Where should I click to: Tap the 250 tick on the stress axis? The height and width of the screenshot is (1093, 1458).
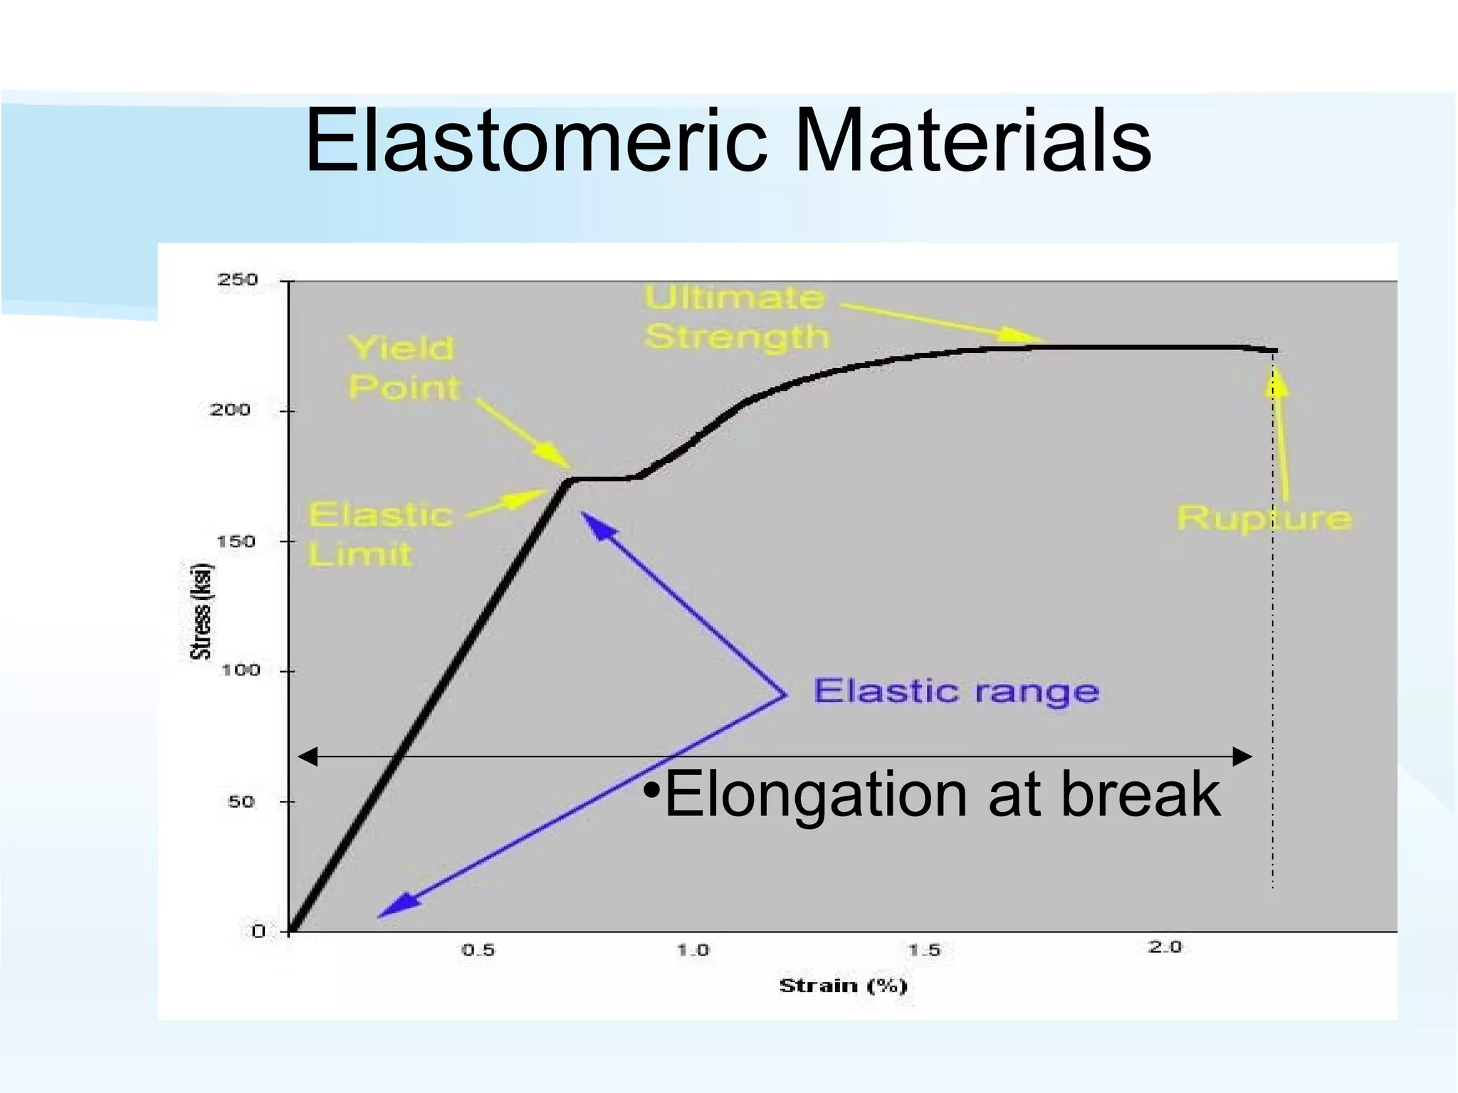pos(237,280)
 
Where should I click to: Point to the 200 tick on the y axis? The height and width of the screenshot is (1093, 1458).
pos(230,410)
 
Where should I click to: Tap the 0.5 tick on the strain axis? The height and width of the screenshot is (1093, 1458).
pos(478,950)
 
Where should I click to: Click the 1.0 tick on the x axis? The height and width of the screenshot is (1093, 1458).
pos(693,950)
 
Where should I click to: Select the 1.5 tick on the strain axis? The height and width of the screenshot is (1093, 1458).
pos(924,950)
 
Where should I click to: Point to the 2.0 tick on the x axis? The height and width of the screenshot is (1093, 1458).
pos(1165,947)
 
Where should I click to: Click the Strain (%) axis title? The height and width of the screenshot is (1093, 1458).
pos(843,986)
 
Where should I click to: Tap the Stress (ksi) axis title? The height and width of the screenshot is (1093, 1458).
pos(201,612)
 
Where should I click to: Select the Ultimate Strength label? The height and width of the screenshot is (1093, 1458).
pos(737,317)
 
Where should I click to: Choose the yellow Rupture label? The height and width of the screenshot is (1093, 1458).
pos(1264,518)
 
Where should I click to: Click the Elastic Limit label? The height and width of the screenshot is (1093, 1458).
pos(379,534)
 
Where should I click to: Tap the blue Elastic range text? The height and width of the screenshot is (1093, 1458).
pos(956,692)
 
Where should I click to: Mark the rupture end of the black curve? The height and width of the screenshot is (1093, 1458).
pos(1274,351)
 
